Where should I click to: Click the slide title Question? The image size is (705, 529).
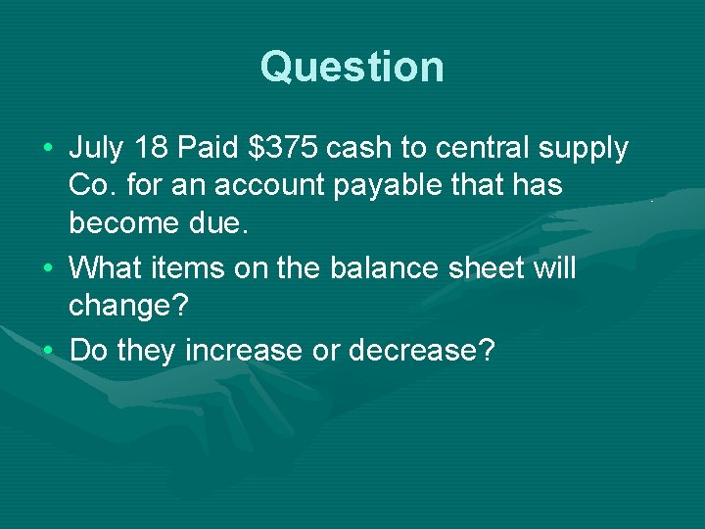pyautogui.click(x=352, y=67)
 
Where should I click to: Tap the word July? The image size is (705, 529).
pyautogui.click(x=97, y=149)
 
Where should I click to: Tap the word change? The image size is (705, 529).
pyautogui.click(x=127, y=304)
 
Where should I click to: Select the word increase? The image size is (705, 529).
pyautogui.click(x=277, y=349)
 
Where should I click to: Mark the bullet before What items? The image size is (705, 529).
pyautogui.click(x=50, y=267)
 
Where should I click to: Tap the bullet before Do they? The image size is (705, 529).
pyautogui.click(x=50, y=350)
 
